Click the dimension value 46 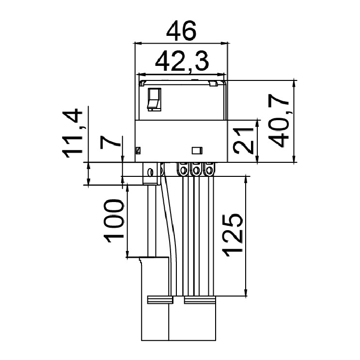coord(181,31)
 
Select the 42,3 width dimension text coord(182,62)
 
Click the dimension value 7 coord(110,142)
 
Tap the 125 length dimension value coord(233,235)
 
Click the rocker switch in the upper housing coord(154,99)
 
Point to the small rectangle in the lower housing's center coord(197,150)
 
